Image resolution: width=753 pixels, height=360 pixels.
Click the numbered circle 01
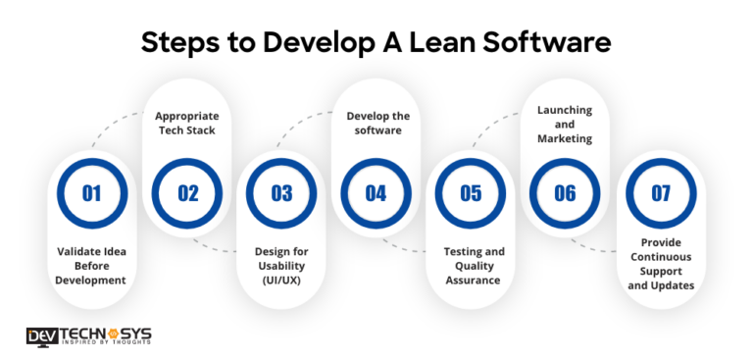(x=91, y=192)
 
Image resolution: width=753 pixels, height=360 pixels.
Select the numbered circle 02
(x=187, y=192)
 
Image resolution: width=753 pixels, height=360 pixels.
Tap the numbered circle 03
(x=281, y=192)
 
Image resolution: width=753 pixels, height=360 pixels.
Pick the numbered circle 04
(x=376, y=192)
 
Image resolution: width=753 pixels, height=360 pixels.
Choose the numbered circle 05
(x=472, y=192)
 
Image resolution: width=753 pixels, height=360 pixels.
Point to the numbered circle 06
(x=565, y=192)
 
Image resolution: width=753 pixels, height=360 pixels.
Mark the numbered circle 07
(x=661, y=192)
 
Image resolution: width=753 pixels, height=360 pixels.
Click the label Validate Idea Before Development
(x=90, y=265)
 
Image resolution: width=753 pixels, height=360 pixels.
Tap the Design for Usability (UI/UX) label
(x=281, y=265)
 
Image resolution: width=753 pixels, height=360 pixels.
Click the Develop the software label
(x=377, y=123)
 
